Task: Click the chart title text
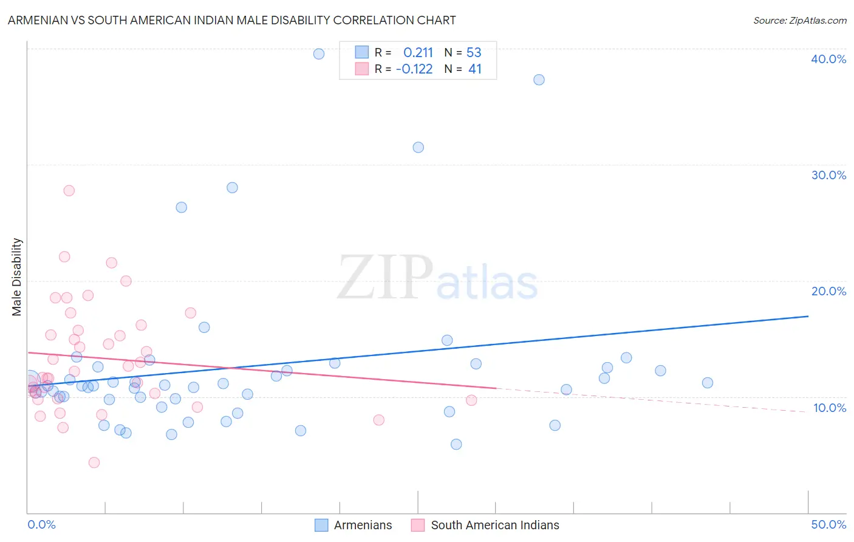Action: [x=231, y=20]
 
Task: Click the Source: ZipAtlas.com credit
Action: [x=799, y=21]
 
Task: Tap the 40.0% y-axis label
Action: [x=828, y=59]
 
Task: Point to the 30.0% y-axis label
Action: [x=828, y=175]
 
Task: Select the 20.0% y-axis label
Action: [x=828, y=291]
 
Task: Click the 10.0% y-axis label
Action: [x=829, y=408]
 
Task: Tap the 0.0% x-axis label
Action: [x=41, y=524]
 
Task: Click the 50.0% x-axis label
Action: [x=828, y=524]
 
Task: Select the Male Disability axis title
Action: [x=17, y=276]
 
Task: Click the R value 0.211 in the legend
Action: [x=418, y=53]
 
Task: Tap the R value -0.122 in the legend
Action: [x=414, y=69]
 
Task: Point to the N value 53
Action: [x=474, y=53]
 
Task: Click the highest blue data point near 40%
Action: [x=319, y=54]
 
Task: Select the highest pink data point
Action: [x=69, y=191]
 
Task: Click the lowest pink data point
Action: [x=94, y=462]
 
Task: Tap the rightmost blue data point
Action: [x=708, y=383]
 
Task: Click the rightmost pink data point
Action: [x=471, y=400]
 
